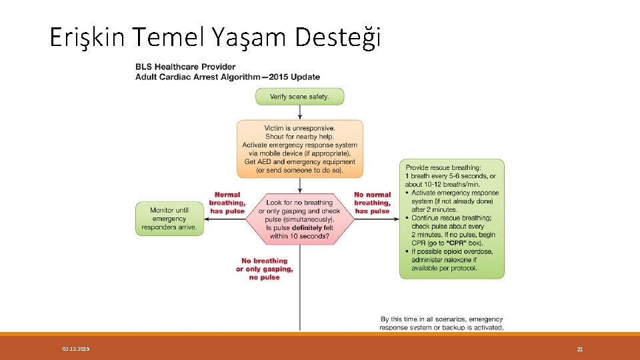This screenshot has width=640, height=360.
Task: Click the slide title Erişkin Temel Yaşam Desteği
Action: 215,37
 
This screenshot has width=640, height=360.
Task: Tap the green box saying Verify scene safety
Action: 299,97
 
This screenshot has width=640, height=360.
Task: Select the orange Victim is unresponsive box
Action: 299,149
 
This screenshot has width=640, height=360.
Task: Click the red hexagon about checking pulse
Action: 299,219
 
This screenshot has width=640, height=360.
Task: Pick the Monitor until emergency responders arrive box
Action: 169,219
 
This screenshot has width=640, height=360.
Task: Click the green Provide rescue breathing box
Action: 451,219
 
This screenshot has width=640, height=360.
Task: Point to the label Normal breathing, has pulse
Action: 227,203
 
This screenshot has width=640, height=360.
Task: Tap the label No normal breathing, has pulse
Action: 372,203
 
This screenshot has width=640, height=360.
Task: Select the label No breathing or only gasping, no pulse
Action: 264,269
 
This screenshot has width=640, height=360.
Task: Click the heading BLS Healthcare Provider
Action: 185,67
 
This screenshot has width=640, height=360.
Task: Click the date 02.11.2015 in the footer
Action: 75,349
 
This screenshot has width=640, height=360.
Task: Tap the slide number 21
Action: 579,349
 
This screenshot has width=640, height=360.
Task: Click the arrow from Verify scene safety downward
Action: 299,112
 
